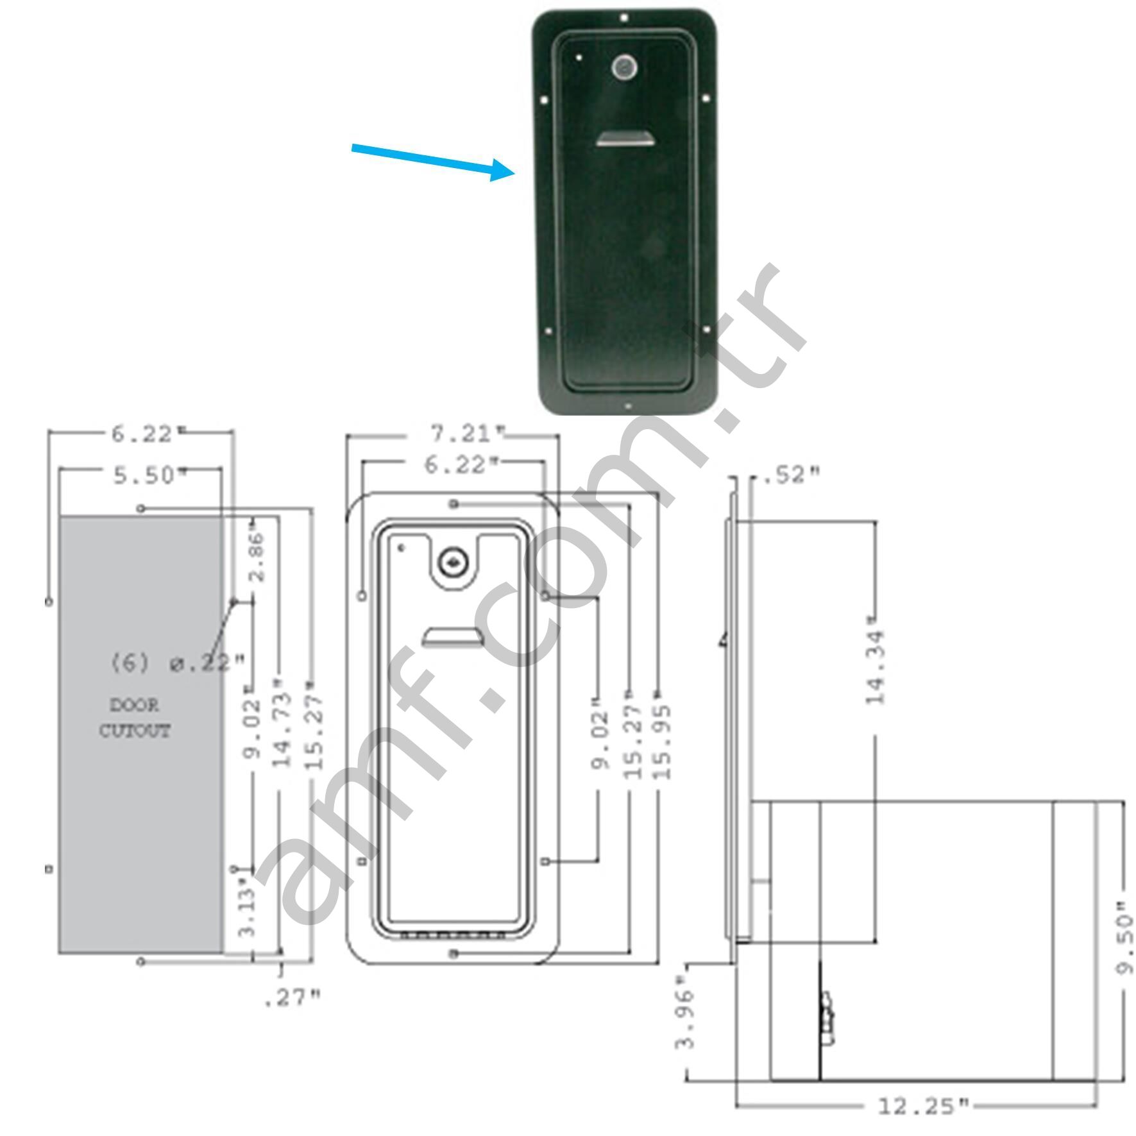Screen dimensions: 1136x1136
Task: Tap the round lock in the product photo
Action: pyautogui.click(x=623, y=67)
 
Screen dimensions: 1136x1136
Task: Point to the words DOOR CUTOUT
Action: pyautogui.click(x=135, y=718)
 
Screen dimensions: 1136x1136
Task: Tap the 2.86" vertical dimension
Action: pyautogui.click(x=257, y=555)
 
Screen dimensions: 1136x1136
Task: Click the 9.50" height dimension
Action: pyautogui.click(x=1124, y=938)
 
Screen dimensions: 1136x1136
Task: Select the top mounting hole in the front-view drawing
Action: pyautogui.click(x=454, y=504)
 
